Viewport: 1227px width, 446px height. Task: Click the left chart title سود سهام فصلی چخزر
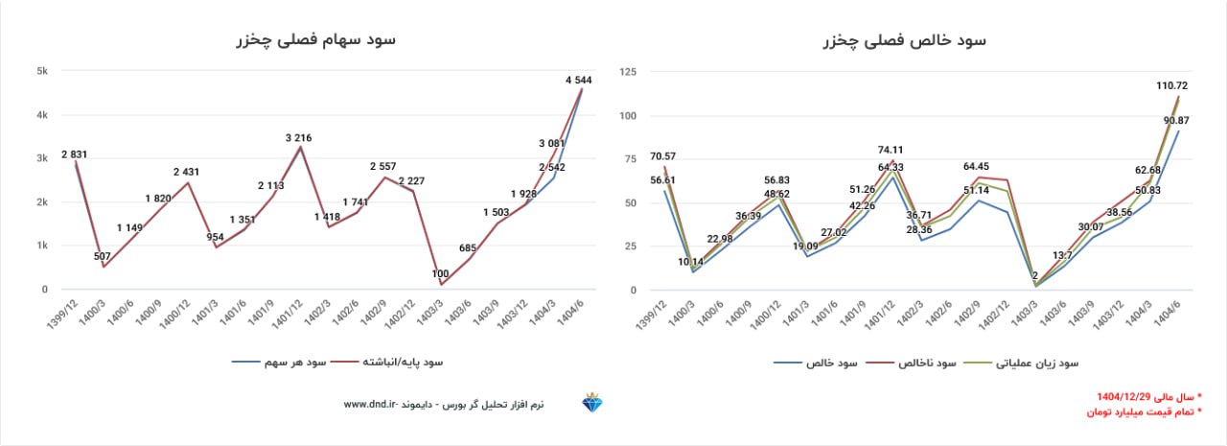point(315,40)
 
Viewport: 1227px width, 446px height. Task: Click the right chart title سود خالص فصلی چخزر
point(904,40)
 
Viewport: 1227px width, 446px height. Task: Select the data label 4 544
point(582,79)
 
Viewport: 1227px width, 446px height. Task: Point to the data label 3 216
point(301,138)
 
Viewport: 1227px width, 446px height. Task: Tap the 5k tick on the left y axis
point(42,71)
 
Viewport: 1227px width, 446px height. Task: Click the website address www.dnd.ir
point(370,405)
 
